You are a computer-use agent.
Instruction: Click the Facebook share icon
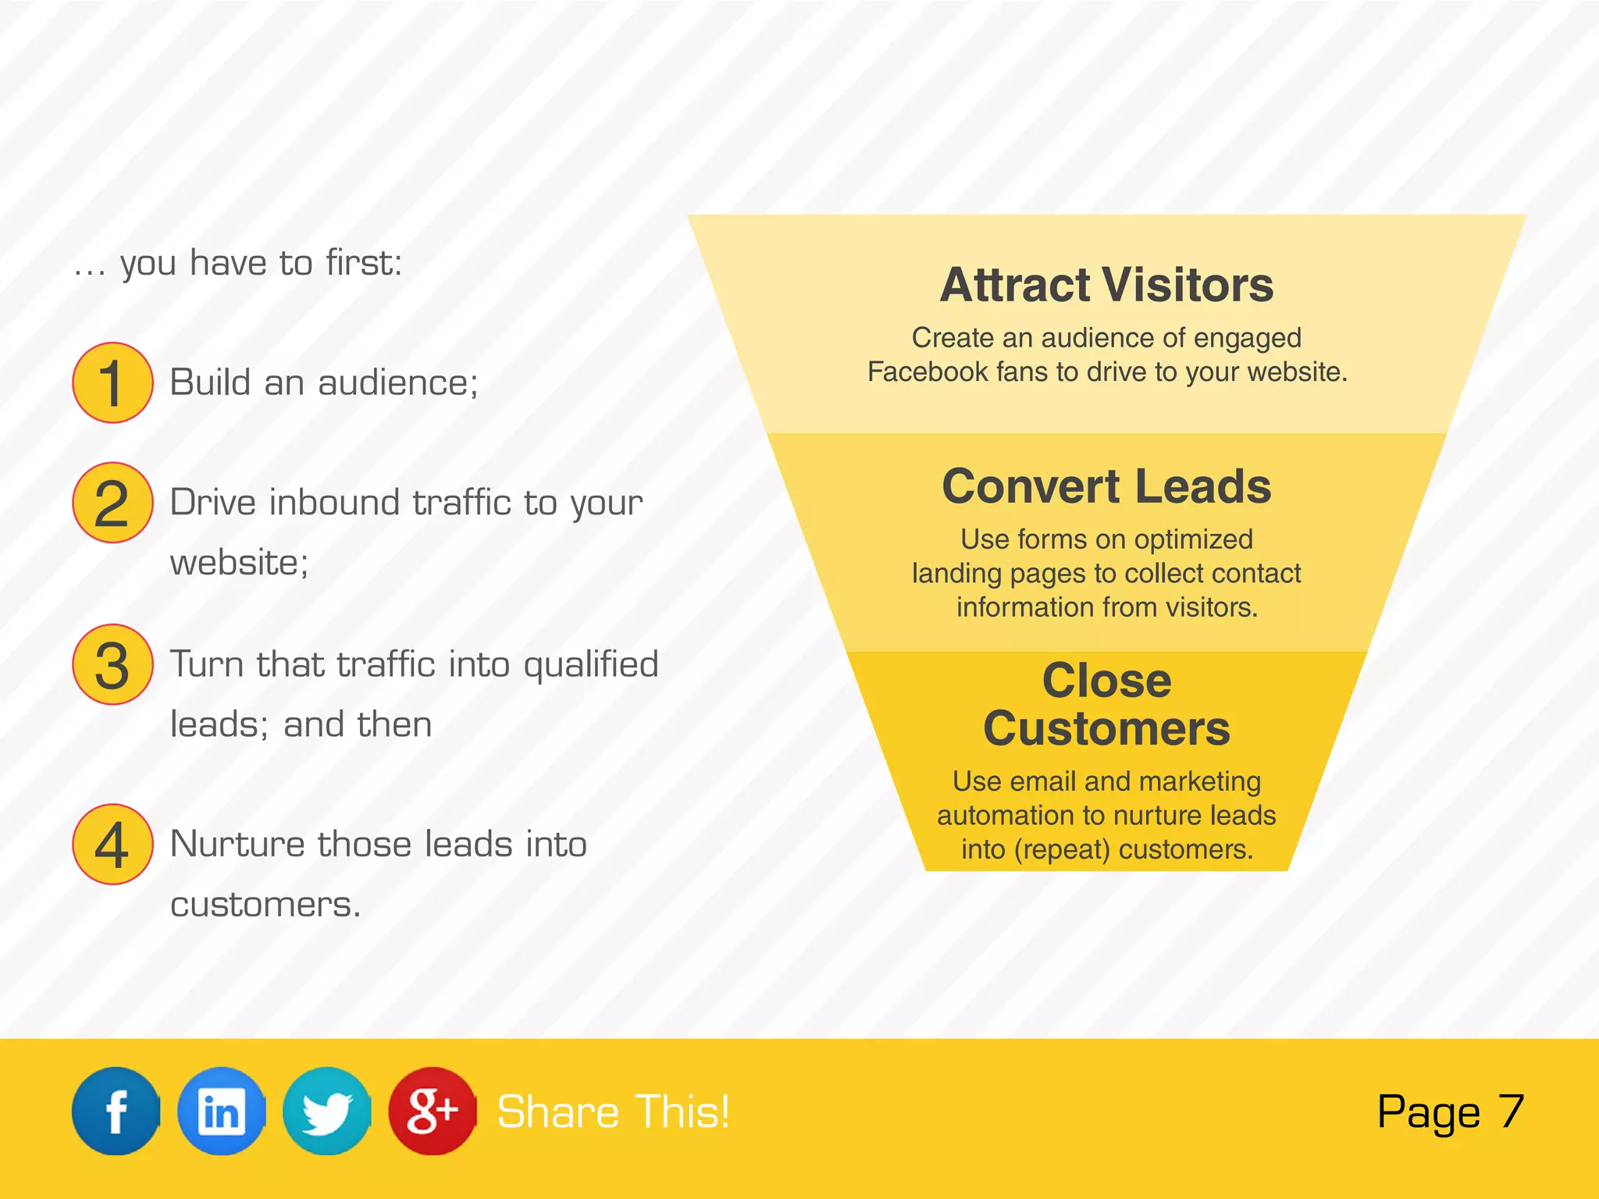116,1110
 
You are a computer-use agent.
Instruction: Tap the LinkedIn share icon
221,1110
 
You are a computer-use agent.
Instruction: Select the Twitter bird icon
326,1110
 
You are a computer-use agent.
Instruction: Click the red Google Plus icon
432,1110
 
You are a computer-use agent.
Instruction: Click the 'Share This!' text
613,1112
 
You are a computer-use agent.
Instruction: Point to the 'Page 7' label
1450,1112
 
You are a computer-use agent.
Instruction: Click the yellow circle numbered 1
112,382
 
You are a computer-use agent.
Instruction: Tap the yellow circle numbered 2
112,503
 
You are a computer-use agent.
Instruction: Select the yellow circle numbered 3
112,664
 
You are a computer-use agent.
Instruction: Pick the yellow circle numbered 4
112,844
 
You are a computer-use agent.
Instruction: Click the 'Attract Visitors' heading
1106,285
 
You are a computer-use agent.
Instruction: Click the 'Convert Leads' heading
1106,486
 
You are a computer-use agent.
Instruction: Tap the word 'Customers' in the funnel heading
1106,728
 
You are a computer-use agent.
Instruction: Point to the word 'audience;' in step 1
397,383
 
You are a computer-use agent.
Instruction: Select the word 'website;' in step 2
239,563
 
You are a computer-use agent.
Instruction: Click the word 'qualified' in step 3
590,665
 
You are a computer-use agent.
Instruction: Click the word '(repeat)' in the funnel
1062,849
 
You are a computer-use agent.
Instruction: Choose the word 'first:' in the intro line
363,263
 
